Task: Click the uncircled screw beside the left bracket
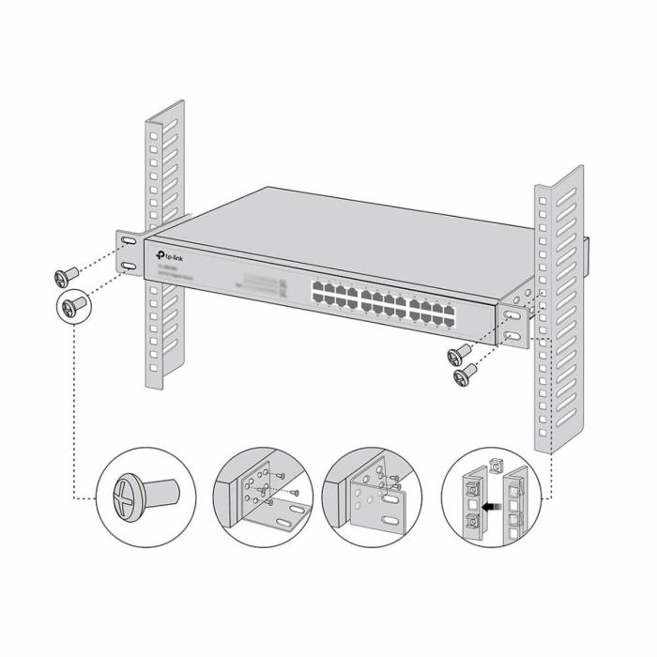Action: pyautogui.click(x=64, y=275)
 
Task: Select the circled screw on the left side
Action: pyautogui.click(x=73, y=307)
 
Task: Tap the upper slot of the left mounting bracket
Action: pyautogui.click(x=127, y=242)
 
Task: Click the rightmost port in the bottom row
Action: pyautogui.click(x=448, y=320)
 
